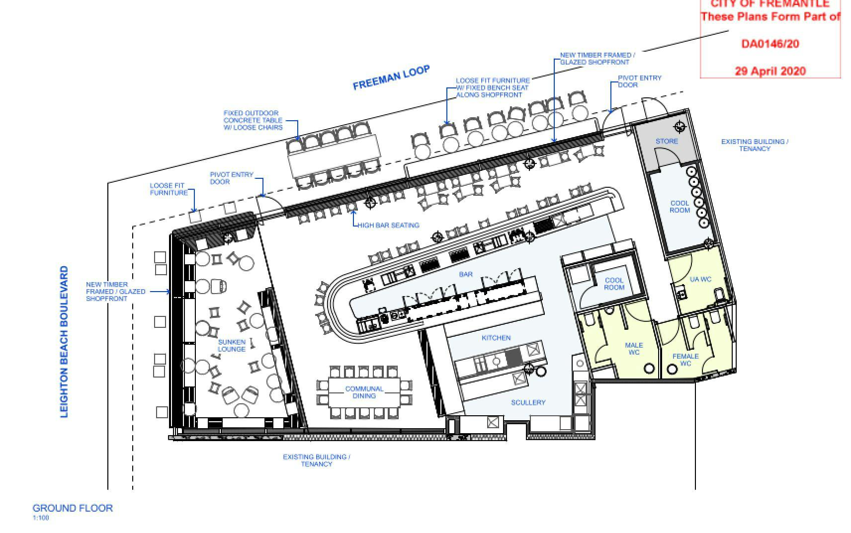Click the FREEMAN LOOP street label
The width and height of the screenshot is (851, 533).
pos(391,77)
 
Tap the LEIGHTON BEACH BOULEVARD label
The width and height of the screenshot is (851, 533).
pos(64,342)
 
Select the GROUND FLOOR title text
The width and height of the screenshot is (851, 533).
pos(73,508)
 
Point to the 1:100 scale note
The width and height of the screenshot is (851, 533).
pos(41,518)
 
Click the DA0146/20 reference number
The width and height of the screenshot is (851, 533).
pos(770,44)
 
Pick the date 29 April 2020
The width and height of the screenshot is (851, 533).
pos(770,71)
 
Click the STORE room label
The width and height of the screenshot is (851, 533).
pos(667,141)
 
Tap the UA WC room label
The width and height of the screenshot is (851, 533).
pos(700,279)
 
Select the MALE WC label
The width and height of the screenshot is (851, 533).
pos(634,349)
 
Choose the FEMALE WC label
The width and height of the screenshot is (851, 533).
pos(685,360)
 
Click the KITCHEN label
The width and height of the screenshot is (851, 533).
pos(496,338)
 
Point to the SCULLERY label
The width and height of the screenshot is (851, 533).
pos(528,402)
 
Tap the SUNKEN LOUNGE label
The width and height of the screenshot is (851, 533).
pos(232,345)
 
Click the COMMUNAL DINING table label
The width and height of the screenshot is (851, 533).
pos(364,392)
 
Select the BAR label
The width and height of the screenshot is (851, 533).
pos(466,274)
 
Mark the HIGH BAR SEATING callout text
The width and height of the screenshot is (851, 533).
pos(388,225)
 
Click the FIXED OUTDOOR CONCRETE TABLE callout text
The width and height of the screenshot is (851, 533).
pos(253,120)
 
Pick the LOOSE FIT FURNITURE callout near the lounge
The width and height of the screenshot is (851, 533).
pos(169,189)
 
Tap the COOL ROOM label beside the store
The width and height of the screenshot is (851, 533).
pos(680,207)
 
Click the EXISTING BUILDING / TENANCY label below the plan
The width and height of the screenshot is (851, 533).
pos(317,460)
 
